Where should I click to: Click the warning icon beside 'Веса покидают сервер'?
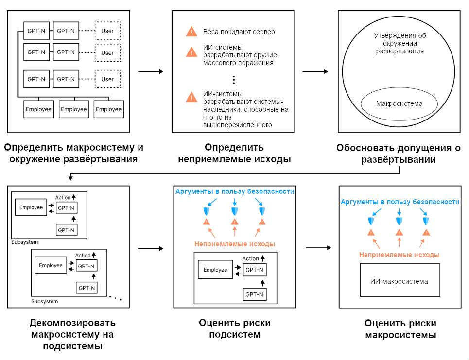coord(191,32)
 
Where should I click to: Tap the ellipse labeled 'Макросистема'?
coord(399,104)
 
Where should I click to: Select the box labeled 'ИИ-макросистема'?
coord(399,281)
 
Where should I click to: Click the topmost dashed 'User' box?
coord(107,31)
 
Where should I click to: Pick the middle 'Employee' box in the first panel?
coord(74,109)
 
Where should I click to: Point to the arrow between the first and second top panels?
coord(151,72)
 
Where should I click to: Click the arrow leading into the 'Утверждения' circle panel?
coord(315,72)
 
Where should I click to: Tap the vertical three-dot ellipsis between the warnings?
coord(234,79)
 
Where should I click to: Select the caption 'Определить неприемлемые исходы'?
coord(234,153)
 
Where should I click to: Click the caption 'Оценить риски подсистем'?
coord(235,328)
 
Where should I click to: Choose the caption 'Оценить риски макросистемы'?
coord(400,329)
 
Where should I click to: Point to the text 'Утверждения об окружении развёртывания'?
coord(400,43)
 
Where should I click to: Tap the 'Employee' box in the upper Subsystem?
coord(31,207)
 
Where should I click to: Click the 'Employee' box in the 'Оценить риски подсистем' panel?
coord(215,270)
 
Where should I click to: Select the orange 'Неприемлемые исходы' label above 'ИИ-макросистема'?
coord(400,255)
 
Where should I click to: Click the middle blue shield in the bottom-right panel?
coord(399,221)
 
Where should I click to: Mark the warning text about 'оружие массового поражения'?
coord(238,56)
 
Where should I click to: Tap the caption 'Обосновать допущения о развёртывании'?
coord(399,154)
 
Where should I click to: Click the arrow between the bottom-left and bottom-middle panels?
coord(151,248)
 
